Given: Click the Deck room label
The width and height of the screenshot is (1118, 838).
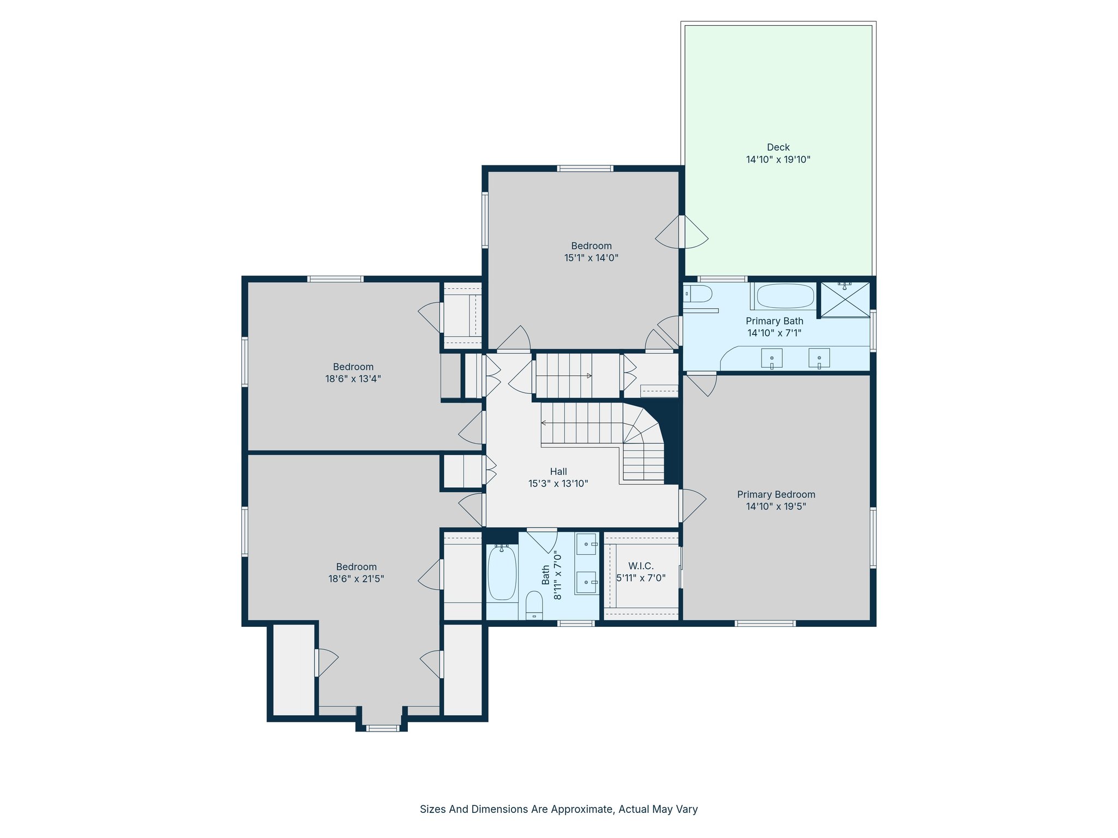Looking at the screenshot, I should tap(778, 147).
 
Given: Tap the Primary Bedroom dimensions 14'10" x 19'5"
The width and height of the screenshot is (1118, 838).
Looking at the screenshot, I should tap(776, 506).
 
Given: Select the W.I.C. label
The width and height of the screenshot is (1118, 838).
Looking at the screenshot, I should tap(641, 566).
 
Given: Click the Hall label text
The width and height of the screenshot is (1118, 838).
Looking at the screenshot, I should tap(558, 471).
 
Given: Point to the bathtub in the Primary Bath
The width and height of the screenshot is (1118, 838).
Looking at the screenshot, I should tap(785, 296).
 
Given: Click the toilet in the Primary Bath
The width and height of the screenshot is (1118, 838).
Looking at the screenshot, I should tap(698, 294).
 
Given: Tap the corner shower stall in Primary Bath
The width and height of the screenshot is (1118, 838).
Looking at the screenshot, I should tap(845, 299).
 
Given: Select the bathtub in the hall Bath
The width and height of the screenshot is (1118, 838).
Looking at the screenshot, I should tap(502, 573).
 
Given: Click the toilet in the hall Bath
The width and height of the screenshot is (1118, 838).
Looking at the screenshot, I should tap(534, 605).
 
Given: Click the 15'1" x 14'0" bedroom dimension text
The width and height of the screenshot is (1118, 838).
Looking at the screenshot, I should tap(591, 258).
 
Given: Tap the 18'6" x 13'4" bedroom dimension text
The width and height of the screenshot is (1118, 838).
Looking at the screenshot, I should tap(353, 379).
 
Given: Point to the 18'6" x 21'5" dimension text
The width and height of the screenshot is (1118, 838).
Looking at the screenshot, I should tap(356, 579).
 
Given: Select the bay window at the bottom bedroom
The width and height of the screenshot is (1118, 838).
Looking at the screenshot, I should tap(382, 727).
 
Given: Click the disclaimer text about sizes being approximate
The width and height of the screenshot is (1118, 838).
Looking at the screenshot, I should tap(558, 809).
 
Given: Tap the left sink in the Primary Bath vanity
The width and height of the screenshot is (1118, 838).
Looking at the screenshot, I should tap(771, 358).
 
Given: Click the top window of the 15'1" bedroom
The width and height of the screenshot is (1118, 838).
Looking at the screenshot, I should tap(585, 169).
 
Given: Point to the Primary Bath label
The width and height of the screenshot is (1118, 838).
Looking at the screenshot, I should tap(774, 321).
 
